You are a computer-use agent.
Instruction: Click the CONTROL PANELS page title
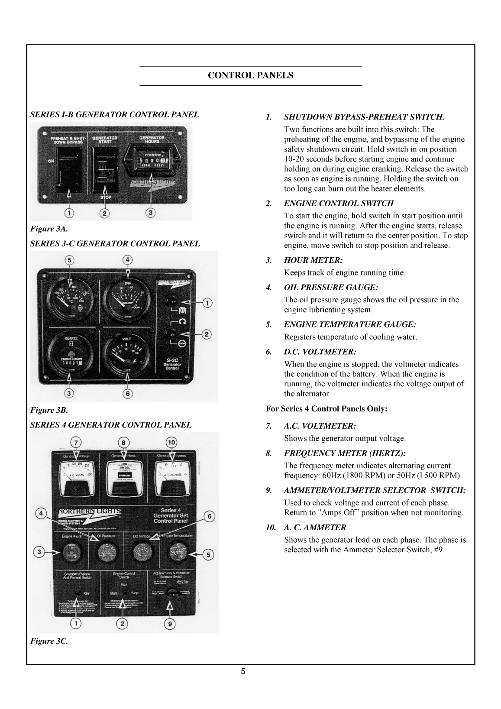250,75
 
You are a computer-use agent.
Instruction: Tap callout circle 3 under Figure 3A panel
150,213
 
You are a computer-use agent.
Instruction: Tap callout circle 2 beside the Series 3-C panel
207,334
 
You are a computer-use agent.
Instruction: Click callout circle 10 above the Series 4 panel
171,442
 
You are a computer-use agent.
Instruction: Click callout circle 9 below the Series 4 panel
170,624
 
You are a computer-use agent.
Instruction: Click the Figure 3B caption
49,410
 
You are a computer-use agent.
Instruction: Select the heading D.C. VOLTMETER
320,352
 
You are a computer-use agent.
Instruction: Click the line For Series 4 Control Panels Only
326,409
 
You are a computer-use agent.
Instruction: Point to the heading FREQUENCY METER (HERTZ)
345,453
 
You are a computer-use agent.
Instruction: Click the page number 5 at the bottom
243,672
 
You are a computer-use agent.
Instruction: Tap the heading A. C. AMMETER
315,528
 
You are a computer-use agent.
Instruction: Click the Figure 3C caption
49,641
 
